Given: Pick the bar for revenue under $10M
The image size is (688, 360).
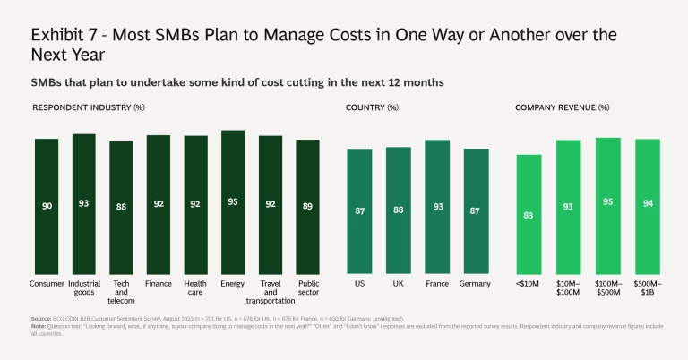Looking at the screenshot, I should coord(529,214).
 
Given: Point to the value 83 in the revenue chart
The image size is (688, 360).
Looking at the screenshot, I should coord(529,215).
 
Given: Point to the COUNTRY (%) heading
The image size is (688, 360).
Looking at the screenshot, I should coord(373,107).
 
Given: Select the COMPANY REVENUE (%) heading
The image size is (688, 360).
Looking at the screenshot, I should coord(562,107).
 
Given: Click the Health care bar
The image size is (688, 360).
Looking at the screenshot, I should coord(195,205).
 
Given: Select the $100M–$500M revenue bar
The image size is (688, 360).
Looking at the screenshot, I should coord(607,206).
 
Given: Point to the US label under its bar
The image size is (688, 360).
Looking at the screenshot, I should coord(359,284).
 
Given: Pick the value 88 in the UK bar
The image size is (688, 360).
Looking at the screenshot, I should coord(399,210).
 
